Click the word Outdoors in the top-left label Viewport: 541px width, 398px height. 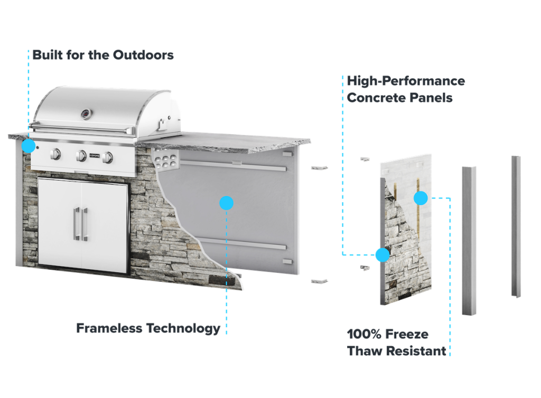click(143, 55)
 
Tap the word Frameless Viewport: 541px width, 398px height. click(109, 328)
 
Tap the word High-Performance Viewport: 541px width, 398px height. click(406, 81)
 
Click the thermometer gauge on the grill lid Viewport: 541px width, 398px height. click(86, 113)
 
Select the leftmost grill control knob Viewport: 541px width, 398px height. click(55, 154)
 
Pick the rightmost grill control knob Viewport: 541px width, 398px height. click(108, 157)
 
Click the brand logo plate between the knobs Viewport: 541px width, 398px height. click(95, 156)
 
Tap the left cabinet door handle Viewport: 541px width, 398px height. click(77, 224)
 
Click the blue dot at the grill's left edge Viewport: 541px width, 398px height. click(29, 146)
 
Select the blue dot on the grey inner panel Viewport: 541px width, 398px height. click(226, 203)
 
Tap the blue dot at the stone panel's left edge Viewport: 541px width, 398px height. click(383, 255)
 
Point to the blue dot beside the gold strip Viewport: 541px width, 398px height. click(421, 198)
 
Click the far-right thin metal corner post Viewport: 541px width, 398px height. click(516, 227)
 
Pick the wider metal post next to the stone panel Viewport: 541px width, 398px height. click(469, 241)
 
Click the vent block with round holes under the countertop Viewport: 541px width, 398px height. click(166, 159)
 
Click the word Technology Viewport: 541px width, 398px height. click(183, 329)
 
